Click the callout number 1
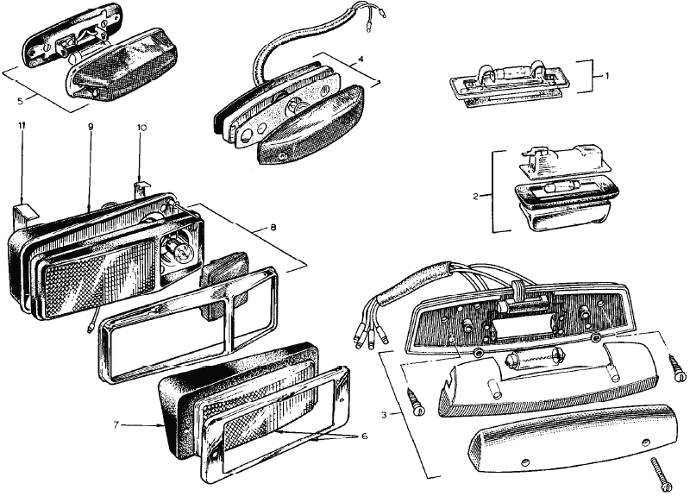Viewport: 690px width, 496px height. pos(607,76)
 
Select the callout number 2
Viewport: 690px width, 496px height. pos(475,196)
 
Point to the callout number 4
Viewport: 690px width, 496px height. pos(360,60)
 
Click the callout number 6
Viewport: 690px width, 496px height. pos(364,436)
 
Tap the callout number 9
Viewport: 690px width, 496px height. pos(90,128)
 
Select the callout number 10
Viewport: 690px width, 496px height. pos(142,128)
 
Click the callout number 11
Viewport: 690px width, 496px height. pos(22,128)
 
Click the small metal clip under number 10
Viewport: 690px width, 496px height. pos(141,187)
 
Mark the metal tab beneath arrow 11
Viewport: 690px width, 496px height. pos(26,211)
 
